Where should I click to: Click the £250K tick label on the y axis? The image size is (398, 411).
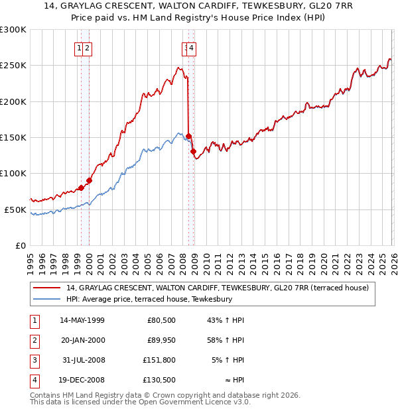point(13,66)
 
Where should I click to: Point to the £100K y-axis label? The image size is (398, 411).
point(13,173)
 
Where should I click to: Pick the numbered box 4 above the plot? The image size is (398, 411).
point(191,48)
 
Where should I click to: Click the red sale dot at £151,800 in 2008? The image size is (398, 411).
point(188,137)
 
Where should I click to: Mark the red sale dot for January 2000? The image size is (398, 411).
point(89,180)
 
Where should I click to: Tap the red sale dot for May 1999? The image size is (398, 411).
point(81,188)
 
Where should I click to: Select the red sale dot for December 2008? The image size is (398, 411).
point(193,152)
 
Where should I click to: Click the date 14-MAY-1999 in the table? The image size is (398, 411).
point(82,320)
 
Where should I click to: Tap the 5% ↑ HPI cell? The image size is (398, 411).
point(228,361)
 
